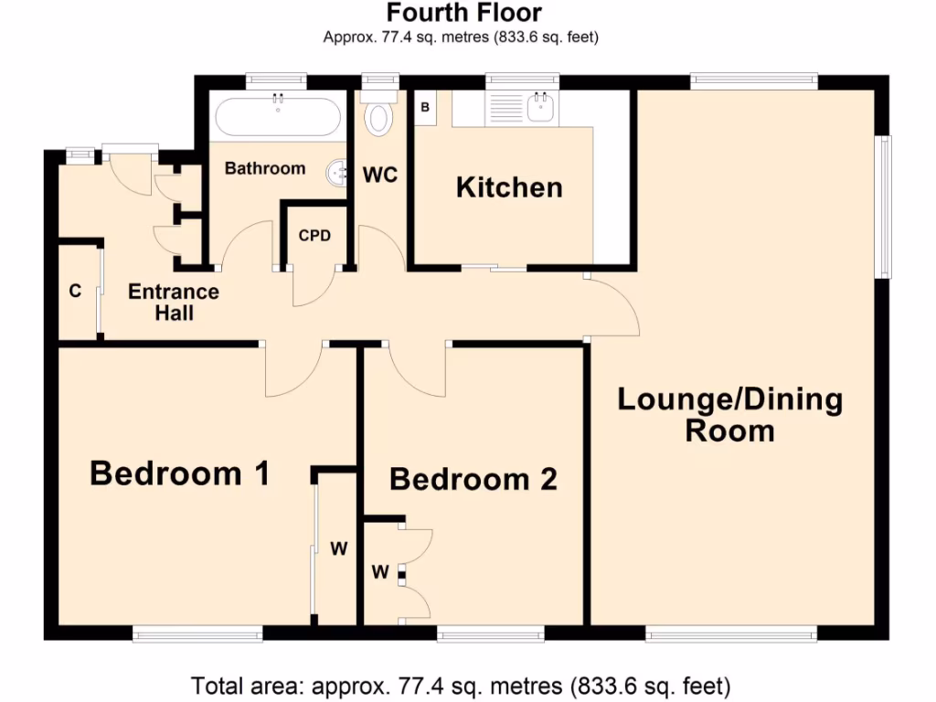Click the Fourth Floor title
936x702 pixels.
463,13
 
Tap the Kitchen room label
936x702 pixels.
509,187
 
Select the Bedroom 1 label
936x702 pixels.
180,473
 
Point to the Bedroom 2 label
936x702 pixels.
473,479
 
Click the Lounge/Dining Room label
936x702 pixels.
730,415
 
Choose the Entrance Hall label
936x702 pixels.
173,303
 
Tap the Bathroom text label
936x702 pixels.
265,168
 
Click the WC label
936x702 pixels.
380,175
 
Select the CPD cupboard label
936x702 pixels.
314,235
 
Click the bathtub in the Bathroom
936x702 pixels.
277,116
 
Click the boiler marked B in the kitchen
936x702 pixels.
425,107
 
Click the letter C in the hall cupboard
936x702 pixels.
76,292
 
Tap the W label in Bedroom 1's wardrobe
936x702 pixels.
338,549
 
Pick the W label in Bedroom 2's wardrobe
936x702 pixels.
380,573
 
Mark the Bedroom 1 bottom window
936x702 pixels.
197,633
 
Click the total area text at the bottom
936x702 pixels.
461,684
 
